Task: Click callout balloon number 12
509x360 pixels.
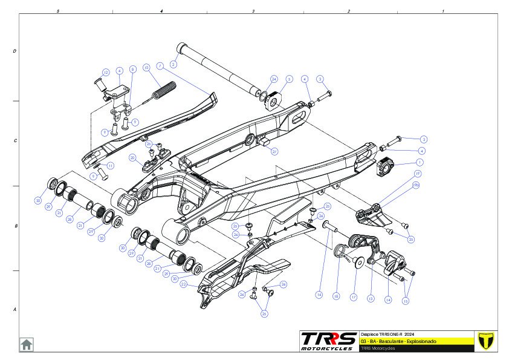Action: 105,72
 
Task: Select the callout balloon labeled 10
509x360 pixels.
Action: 146,68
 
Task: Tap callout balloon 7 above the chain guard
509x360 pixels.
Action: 160,65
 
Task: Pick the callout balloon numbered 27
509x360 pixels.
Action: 274,151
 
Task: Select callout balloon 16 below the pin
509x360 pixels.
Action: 319,295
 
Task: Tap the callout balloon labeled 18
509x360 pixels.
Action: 337,296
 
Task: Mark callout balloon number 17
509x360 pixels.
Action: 354,297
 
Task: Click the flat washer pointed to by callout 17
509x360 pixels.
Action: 359,261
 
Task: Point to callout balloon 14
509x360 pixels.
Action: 388,299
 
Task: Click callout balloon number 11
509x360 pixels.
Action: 110,165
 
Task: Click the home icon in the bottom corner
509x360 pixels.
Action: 27,344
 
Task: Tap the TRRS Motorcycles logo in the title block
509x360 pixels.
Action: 328,340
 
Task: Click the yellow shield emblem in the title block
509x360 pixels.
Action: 485,340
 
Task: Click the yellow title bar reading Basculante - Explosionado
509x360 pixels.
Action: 417,341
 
